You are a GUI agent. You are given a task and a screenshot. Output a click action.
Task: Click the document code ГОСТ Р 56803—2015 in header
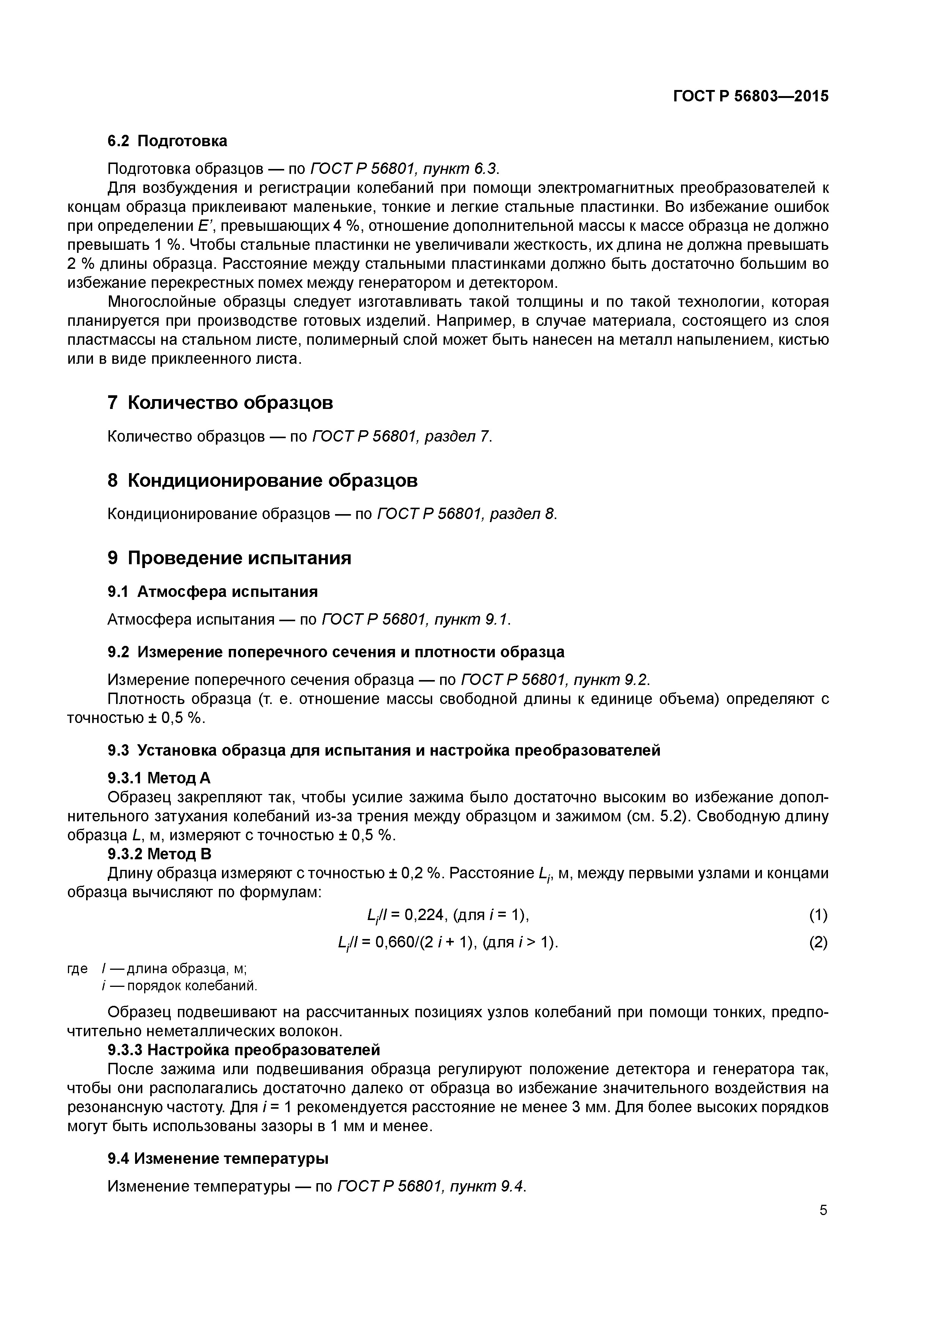(x=751, y=96)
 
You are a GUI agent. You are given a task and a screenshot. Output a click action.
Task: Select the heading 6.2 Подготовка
(x=168, y=141)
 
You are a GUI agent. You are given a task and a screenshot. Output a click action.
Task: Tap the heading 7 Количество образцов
(x=220, y=402)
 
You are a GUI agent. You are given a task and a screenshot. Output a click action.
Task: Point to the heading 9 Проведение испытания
(x=230, y=558)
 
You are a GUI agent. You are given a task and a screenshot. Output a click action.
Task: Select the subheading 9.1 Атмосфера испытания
(x=213, y=592)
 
